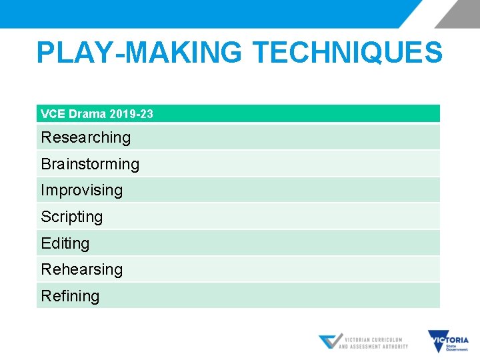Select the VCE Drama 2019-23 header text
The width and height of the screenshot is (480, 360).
[x=97, y=114]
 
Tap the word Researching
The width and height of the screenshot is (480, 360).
[x=85, y=137]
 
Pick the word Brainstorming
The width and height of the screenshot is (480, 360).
[x=90, y=164]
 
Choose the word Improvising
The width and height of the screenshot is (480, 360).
[x=81, y=190]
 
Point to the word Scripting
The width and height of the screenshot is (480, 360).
[x=72, y=217]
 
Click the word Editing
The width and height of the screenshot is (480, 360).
[x=65, y=243]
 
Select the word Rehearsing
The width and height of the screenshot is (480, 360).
[x=81, y=269]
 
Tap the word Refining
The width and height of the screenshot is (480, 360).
[x=70, y=296]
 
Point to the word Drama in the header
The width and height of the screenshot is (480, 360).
[x=87, y=114]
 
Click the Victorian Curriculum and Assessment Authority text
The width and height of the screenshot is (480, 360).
[x=373, y=343]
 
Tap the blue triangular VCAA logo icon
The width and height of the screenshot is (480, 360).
[x=329, y=341]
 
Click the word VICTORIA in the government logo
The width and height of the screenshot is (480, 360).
[x=455, y=339]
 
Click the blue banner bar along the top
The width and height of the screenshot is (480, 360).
[x=200, y=13]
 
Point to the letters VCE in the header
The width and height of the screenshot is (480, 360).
[x=53, y=114]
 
